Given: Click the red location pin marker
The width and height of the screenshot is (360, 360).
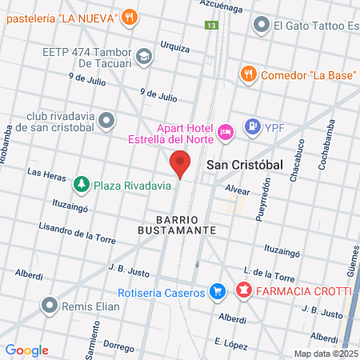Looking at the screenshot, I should point(181,164).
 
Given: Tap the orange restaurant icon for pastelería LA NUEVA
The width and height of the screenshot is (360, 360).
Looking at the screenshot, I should point(130,17).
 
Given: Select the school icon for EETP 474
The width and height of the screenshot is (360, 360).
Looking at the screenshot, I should point(143,56).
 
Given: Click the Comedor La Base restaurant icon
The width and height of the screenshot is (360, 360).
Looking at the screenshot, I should point(249,74).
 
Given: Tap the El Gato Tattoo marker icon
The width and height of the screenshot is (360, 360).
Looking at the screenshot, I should point(260,26).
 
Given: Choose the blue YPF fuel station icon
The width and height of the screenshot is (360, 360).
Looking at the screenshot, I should point(253,126).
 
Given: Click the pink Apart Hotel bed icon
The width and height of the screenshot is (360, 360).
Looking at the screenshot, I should point(226,130).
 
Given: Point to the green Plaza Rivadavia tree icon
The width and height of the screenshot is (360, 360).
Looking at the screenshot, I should point(82,186).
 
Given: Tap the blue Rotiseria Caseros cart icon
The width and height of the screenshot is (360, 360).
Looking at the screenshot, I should point(215,292).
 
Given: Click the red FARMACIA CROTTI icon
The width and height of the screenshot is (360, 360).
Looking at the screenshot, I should point(243,289).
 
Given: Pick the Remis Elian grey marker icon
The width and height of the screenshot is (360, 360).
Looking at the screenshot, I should point(51,305).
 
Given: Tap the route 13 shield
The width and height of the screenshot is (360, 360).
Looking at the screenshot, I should point(211,26).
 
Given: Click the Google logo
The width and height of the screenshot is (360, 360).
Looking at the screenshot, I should point(26,350).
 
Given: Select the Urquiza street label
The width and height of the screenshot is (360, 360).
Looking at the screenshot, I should point(174,46).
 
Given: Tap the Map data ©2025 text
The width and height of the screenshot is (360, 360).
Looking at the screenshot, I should point(326,353).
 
